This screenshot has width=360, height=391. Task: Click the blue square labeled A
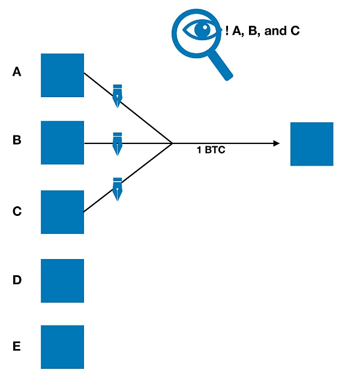click(x=62, y=75)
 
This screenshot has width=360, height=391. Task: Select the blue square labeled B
click(x=62, y=142)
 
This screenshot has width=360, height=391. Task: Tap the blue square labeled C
click(x=62, y=212)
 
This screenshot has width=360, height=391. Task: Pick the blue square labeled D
click(x=62, y=281)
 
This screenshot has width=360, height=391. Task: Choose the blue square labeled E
click(x=62, y=347)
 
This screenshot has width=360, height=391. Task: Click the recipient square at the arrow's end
click(x=311, y=144)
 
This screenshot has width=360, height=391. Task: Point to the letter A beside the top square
click(x=17, y=72)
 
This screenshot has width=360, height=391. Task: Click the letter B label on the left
click(x=17, y=140)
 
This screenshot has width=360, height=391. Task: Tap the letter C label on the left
click(x=17, y=211)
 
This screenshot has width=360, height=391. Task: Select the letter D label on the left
click(x=17, y=279)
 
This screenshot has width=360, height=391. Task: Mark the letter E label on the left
click(x=17, y=346)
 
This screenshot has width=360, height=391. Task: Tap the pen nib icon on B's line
click(x=118, y=144)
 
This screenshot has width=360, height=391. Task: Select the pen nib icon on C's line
click(x=118, y=188)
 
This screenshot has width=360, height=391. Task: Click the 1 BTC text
click(x=211, y=151)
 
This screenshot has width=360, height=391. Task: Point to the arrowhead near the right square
click(x=277, y=143)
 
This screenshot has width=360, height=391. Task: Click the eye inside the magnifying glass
click(x=197, y=29)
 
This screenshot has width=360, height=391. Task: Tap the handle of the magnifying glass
click(x=221, y=67)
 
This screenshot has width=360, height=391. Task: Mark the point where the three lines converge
click(x=172, y=143)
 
